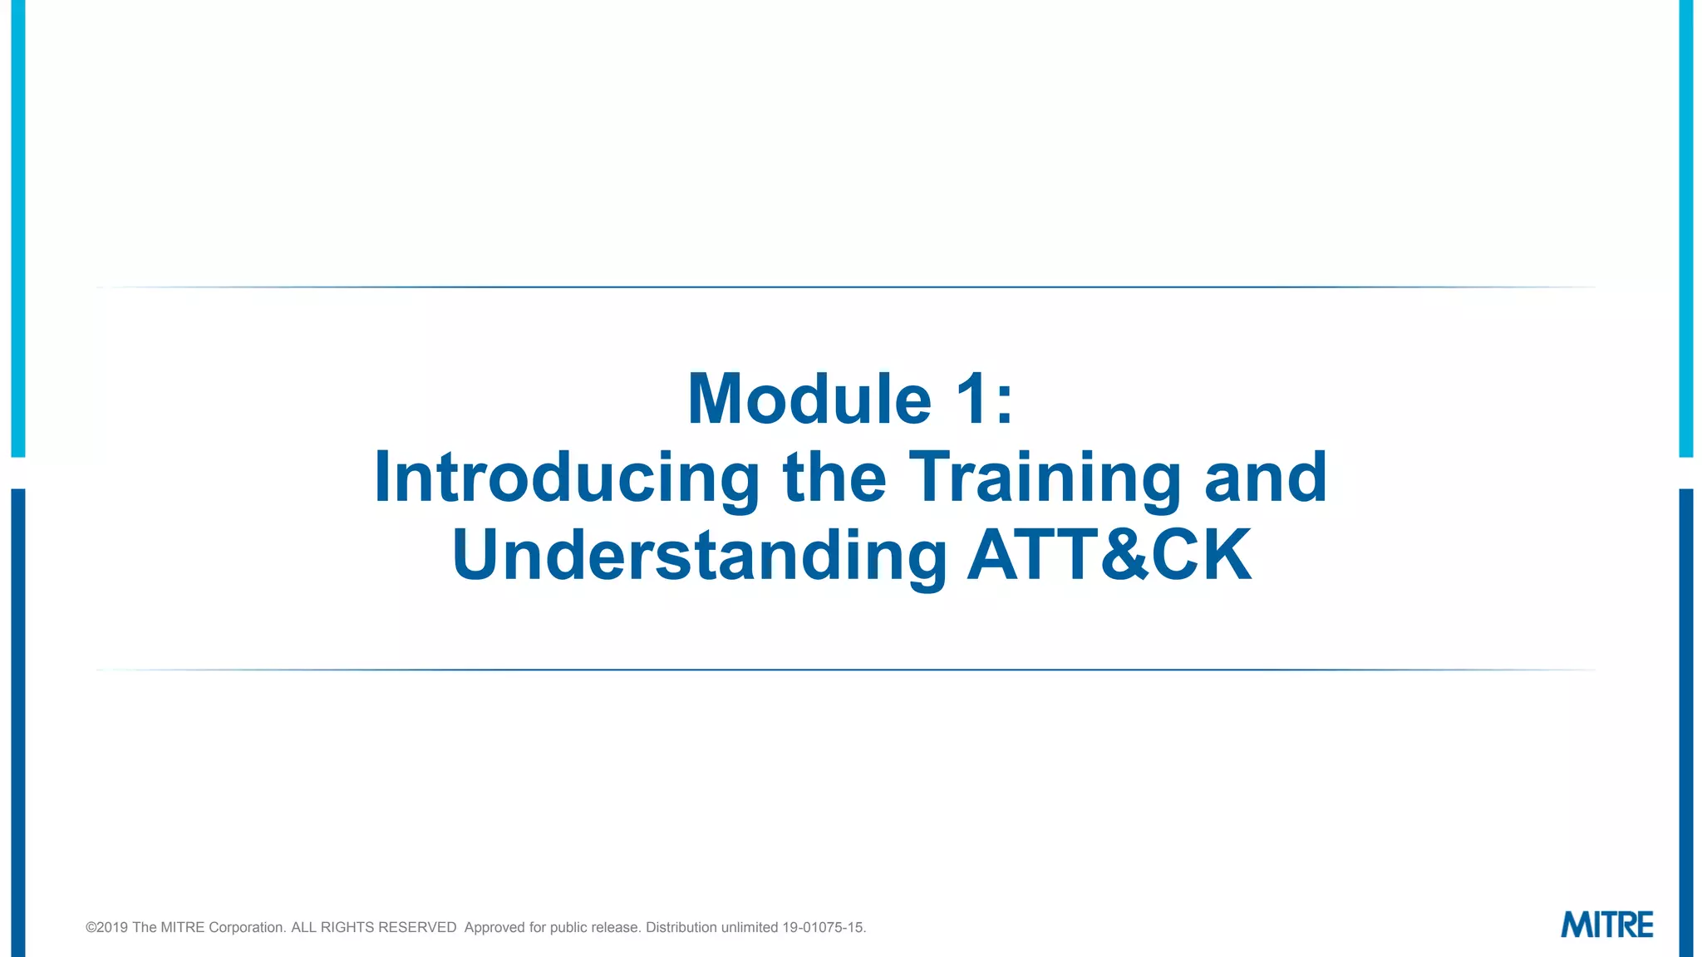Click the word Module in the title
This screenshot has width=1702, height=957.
coord(809,400)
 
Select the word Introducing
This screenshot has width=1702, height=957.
coord(567,478)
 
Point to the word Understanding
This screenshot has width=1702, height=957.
coord(699,556)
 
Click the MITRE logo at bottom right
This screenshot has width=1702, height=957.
coord(1606,925)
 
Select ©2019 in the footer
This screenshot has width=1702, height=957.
coord(106,928)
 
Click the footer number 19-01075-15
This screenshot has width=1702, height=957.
coord(823,928)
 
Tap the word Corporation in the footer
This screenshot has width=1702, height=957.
coord(247,928)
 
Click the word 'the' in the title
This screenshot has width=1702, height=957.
coord(834,478)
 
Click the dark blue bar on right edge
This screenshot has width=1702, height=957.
coord(1686,723)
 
